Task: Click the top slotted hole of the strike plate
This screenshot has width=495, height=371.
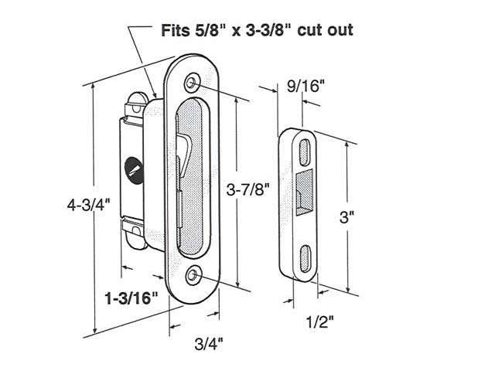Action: click(x=308, y=146)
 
